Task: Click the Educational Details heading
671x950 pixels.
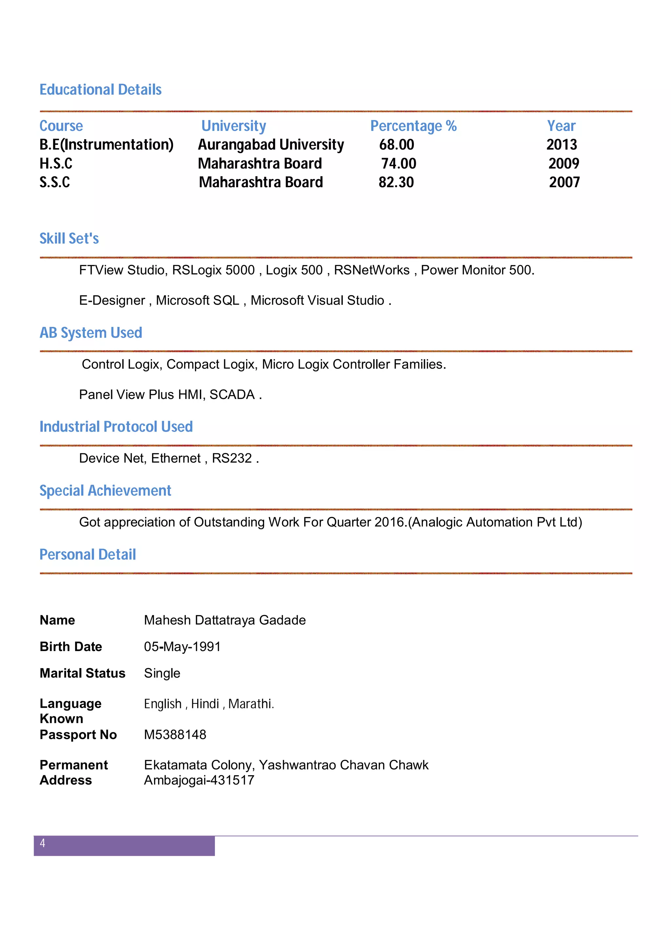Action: (x=101, y=89)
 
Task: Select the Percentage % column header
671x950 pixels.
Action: (x=413, y=126)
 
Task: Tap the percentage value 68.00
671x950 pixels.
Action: (x=396, y=145)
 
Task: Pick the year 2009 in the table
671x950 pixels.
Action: (x=564, y=164)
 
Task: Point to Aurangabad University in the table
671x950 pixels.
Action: (x=271, y=145)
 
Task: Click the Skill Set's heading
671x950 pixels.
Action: (x=69, y=238)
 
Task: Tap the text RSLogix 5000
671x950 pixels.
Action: (x=213, y=270)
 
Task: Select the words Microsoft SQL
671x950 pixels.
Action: (x=198, y=300)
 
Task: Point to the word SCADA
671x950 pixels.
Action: (x=232, y=394)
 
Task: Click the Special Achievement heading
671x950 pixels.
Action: (x=105, y=490)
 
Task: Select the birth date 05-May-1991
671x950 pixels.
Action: (x=182, y=646)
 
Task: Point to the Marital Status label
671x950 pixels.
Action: (x=82, y=673)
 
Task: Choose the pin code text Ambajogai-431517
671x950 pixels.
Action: (x=199, y=780)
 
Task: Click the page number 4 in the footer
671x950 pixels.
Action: (x=42, y=843)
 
